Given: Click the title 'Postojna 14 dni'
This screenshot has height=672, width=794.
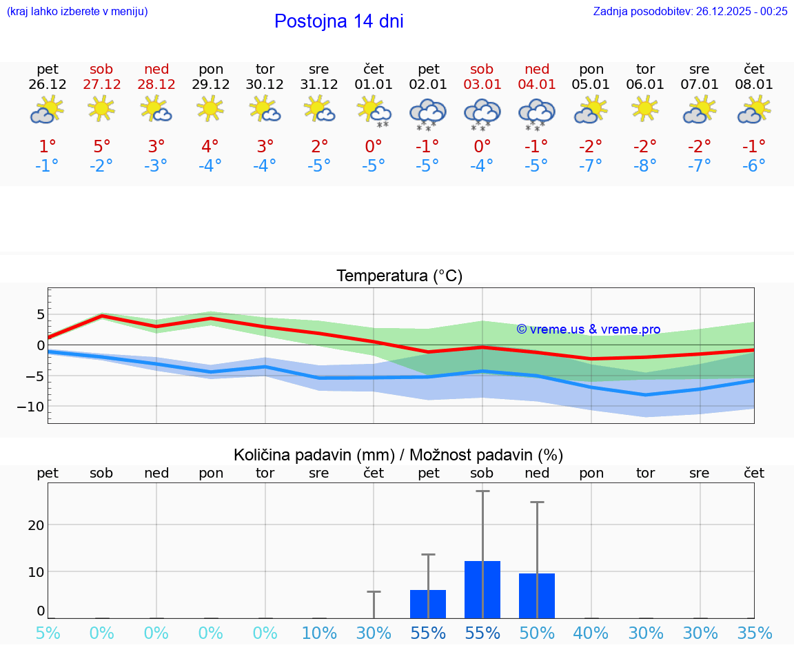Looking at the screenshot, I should point(338,21).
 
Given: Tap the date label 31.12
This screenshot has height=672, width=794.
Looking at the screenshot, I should point(319,85).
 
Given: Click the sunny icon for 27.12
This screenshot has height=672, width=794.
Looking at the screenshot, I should point(101,108).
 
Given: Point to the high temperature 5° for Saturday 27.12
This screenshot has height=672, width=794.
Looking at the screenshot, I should point(101,146).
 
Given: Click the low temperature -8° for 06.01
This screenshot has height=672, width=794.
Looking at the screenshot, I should point(645,165).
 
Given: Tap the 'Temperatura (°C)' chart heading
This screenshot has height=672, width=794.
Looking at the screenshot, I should point(399,276).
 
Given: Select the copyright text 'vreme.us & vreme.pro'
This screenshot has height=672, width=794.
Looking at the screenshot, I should point(589,329).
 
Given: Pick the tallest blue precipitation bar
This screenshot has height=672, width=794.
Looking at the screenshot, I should point(482,589).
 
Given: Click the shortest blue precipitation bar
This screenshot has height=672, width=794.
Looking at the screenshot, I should point(428,604).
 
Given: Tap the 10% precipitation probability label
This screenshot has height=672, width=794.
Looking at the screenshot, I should point(319,633).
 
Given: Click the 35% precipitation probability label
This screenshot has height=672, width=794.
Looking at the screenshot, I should point(754,633).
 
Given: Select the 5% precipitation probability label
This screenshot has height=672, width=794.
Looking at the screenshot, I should point(48,633).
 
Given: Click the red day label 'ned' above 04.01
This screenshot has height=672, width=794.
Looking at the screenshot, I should point(537,69).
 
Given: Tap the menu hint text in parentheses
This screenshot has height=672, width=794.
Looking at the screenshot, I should point(77,11).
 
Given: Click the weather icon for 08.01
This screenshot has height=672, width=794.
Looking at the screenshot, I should point(754,110).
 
